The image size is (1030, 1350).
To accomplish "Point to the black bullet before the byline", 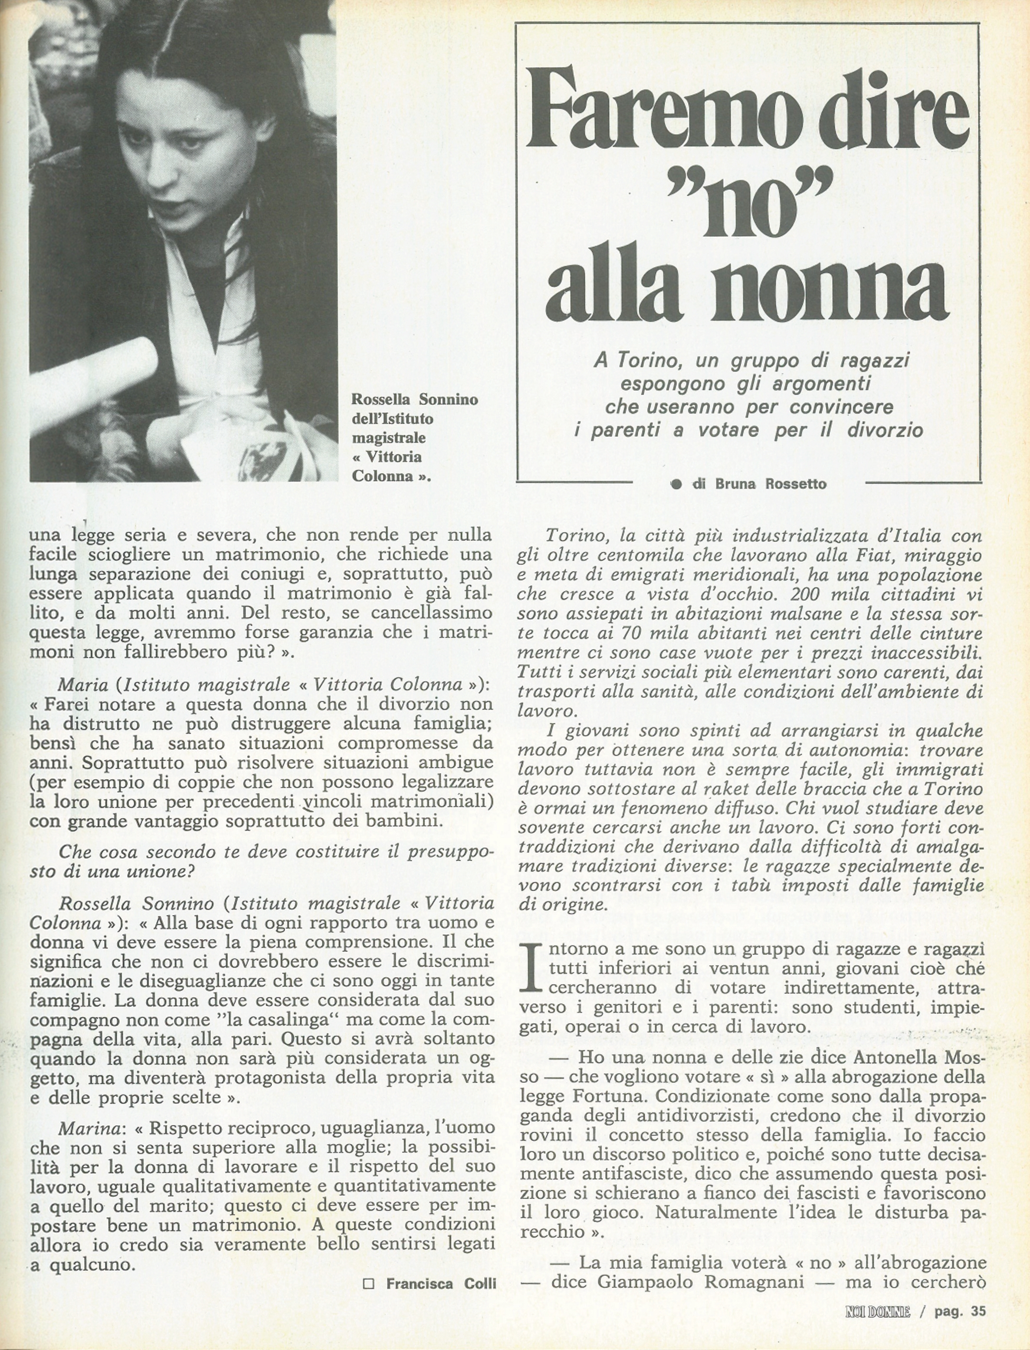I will (676, 484).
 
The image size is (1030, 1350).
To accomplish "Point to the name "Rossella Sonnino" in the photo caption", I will (414, 400).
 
